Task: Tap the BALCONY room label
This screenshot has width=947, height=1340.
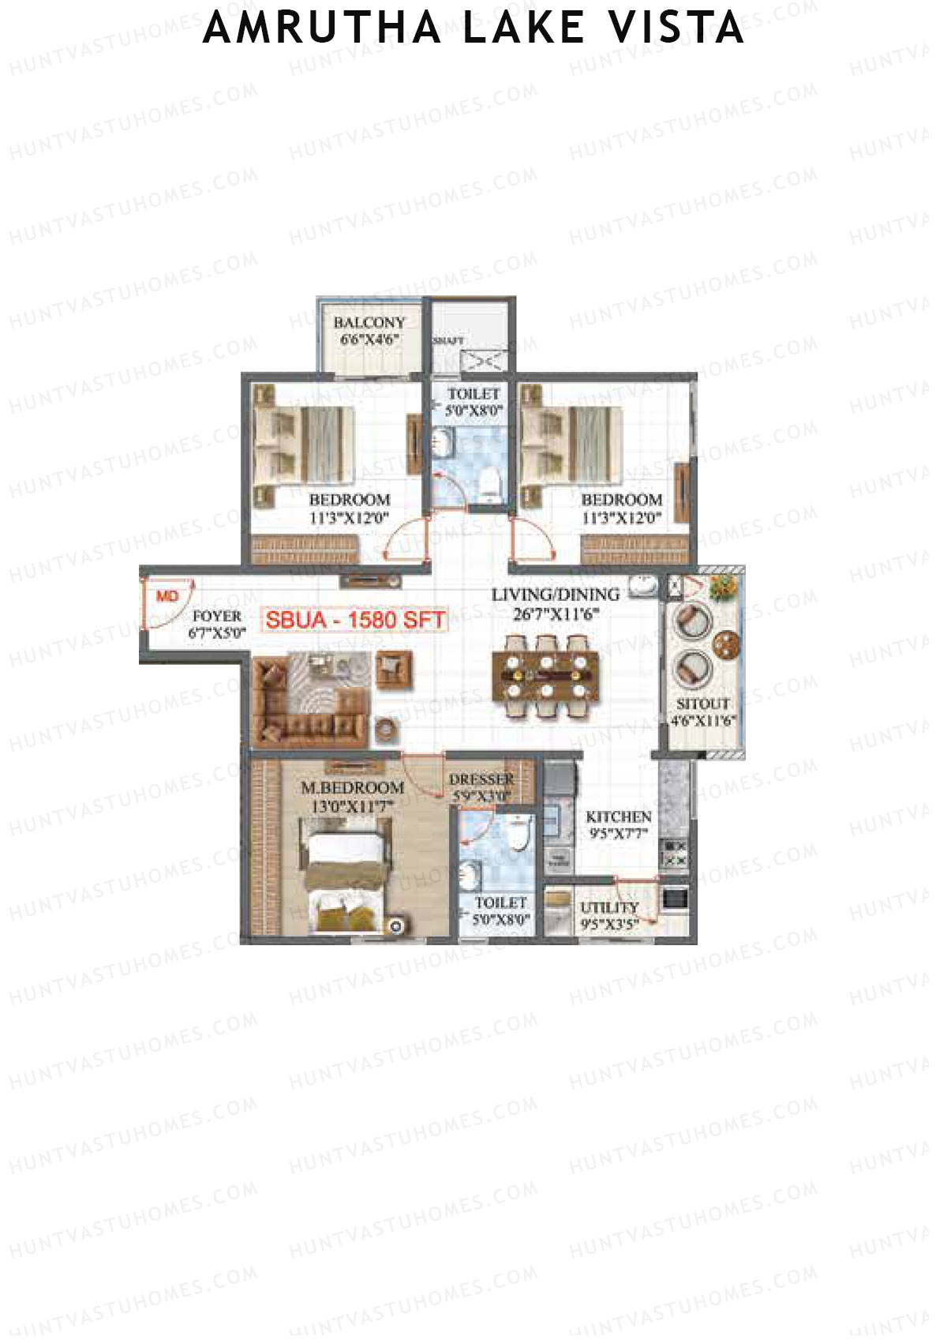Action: click(x=369, y=323)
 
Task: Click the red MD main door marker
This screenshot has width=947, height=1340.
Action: click(x=167, y=596)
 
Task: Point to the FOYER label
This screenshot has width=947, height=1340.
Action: click(x=217, y=616)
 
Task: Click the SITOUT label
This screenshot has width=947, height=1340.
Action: click(x=702, y=704)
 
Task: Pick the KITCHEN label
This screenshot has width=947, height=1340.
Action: click(x=619, y=816)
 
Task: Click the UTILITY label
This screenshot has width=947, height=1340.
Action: click(x=608, y=908)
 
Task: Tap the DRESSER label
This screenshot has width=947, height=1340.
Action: click(x=481, y=780)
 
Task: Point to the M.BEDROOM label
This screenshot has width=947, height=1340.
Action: click(x=352, y=788)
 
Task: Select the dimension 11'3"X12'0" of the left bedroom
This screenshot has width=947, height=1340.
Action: click(x=349, y=518)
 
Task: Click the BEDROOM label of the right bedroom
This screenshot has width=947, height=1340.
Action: click(x=621, y=500)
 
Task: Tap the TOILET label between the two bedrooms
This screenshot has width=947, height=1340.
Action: click(x=473, y=393)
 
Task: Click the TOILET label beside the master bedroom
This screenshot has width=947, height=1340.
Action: click(x=500, y=903)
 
